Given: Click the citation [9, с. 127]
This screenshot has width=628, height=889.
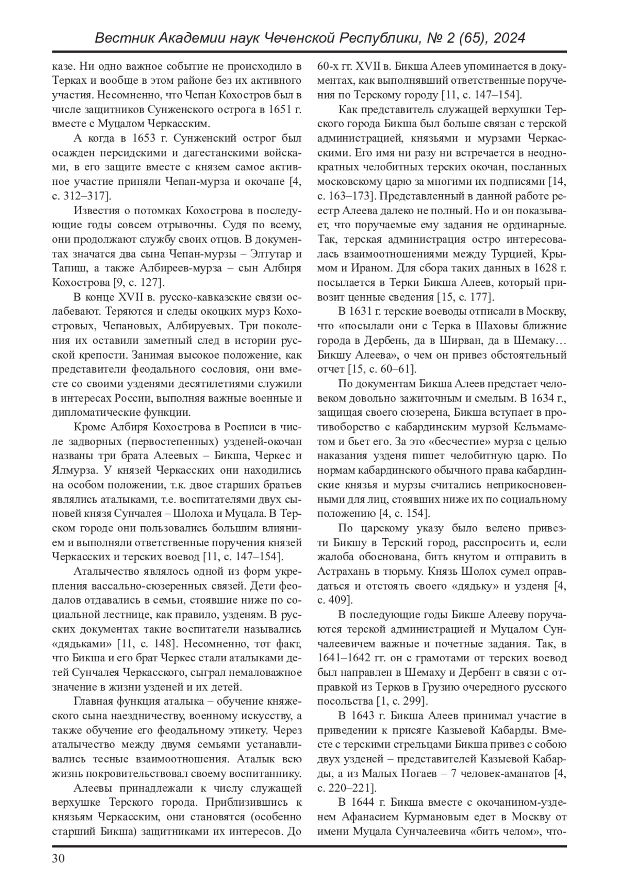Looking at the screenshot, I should [139, 283].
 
